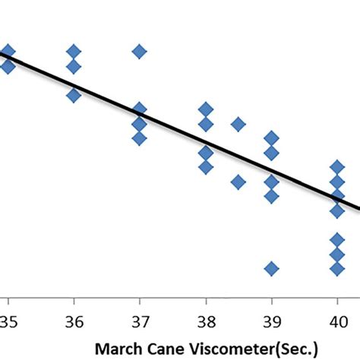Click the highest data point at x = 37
pyautogui.click(x=139, y=52)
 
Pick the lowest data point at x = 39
pyautogui.click(x=271, y=268)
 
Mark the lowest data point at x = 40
pyautogui.click(x=337, y=268)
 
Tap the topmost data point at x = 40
pyautogui.click(x=337, y=167)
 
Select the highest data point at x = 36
pyautogui.click(x=73, y=52)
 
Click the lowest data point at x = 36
pyautogui.click(x=73, y=95)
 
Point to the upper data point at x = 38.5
pyautogui.click(x=238, y=124)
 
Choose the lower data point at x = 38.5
pyautogui.click(x=238, y=182)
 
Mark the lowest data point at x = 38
pyautogui.click(x=205, y=167)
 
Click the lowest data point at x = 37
pyautogui.click(x=139, y=138)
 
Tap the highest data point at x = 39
pyautogui.click(x=271, y=138)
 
